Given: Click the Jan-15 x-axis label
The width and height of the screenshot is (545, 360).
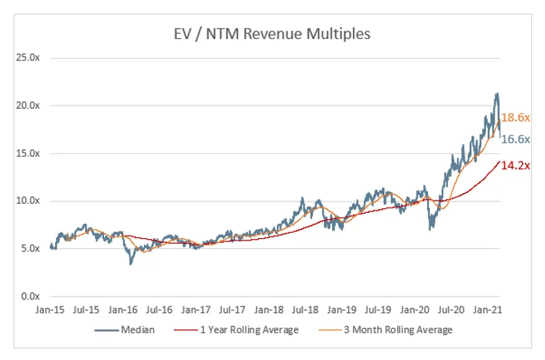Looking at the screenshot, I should [49, 311].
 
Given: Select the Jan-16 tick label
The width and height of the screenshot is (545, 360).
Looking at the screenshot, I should [122, 311].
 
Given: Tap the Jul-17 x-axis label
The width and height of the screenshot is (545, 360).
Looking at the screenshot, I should [233, 311].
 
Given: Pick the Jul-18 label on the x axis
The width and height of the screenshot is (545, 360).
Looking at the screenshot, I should [306, 311].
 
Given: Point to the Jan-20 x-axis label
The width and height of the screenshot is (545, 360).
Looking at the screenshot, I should [416, 311].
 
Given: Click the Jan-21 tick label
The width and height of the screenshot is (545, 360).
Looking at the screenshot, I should [490, 311].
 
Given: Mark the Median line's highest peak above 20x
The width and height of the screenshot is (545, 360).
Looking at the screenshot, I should [498, 94].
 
